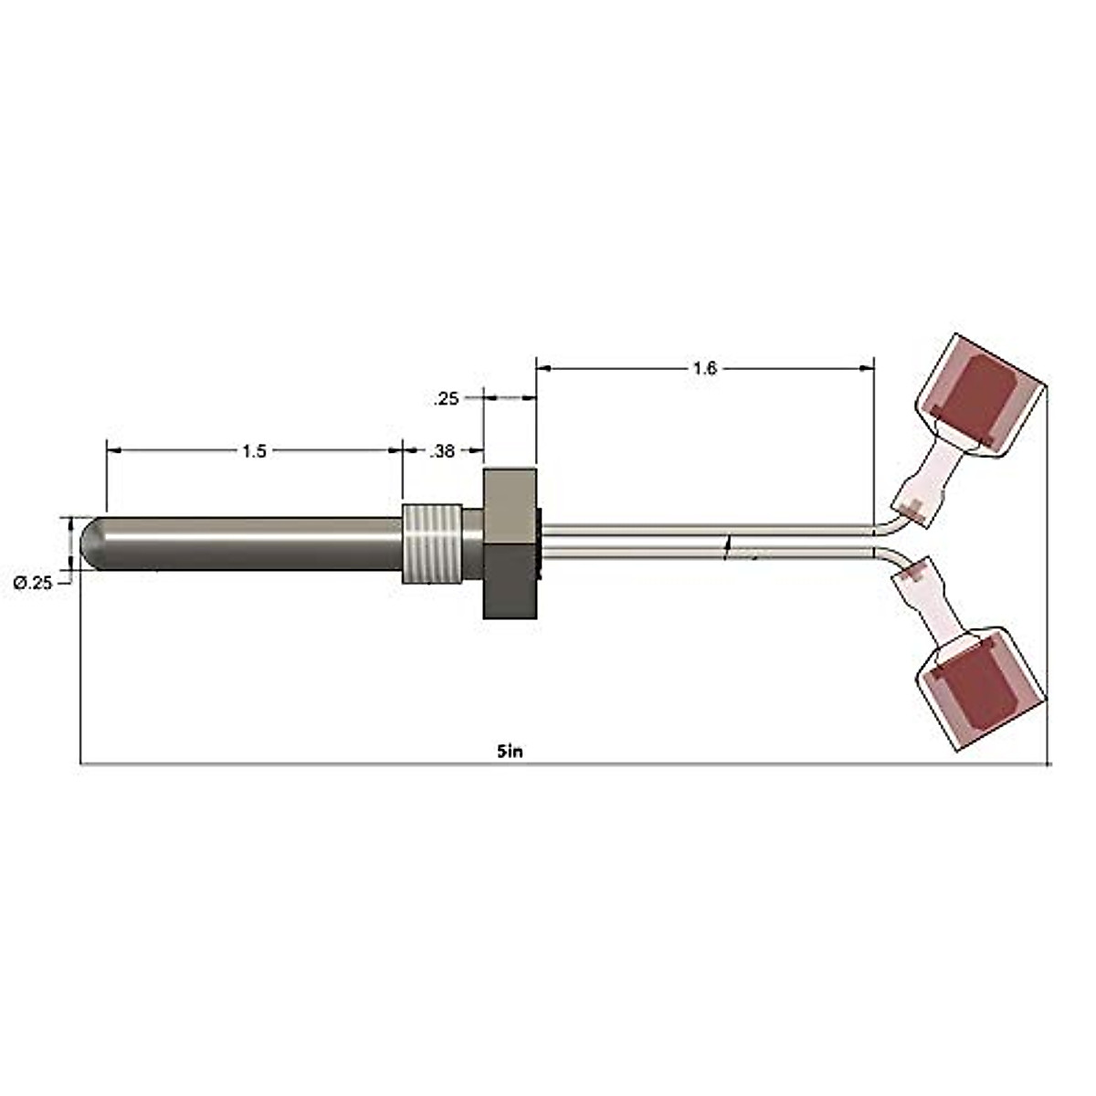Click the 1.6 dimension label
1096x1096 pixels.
pos(704,369)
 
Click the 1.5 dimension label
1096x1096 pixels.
pos(254,451)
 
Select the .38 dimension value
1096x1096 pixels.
pos(443,451)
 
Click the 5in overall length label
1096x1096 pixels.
pos(510,751)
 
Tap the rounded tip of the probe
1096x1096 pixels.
pos(91,544)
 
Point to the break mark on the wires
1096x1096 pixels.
pos(728,547)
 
